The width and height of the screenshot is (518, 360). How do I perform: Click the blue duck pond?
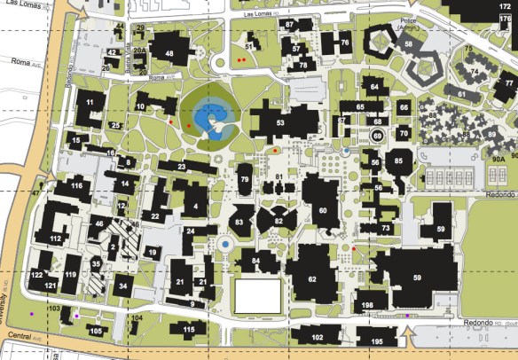point(209,116)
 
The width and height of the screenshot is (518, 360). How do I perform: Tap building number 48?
point(169,53)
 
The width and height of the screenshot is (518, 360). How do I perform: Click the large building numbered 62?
point(312,278)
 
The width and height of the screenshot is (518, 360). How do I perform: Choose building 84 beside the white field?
point(256,261)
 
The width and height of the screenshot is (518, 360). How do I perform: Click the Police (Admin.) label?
point(409,24)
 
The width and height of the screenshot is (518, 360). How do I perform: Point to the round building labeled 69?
point(377,136)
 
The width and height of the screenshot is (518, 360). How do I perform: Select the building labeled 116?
point(77,186)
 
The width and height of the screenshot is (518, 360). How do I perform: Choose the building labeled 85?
point(398,161)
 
